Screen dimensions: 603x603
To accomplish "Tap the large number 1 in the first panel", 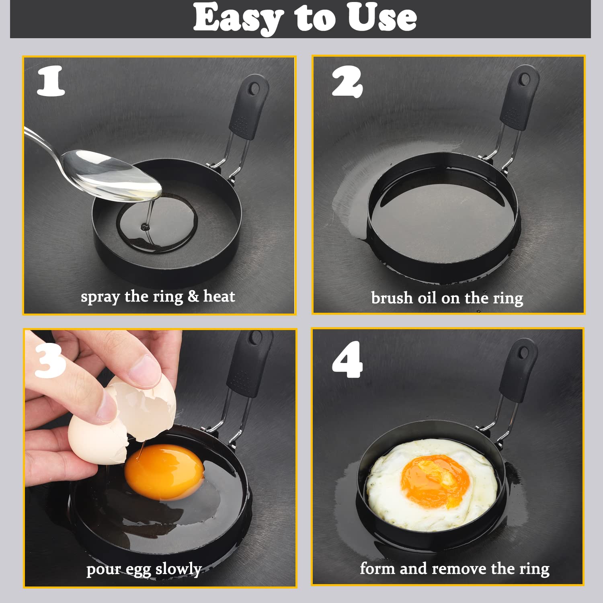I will [x=51, y=81].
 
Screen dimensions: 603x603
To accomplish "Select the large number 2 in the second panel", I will [x=347, y=82].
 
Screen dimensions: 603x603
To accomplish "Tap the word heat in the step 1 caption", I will [x=219, y=296].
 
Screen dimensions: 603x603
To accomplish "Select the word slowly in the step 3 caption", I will [x=178, y=569].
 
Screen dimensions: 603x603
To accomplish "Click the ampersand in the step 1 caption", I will [x=193, y=296].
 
